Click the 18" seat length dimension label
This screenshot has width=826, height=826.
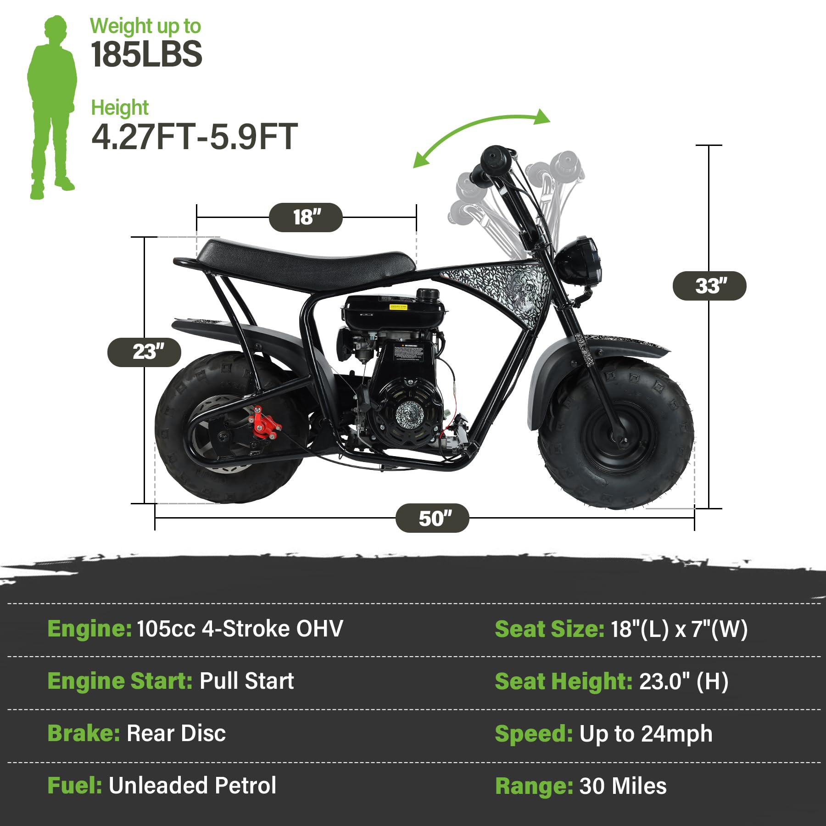pos(306,217)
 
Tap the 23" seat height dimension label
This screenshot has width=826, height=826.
pos(145,352)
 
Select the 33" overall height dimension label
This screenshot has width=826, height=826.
pos(709,286)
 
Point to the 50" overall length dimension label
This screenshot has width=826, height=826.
pos(432,518)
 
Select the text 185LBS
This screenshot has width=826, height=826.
pos(146,54)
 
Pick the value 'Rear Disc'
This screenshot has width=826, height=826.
pos(176,733)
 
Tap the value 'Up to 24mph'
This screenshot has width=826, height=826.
pos(646,734)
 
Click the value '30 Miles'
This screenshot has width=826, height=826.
pos(623,786)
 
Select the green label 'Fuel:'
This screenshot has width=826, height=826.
pos(75,786)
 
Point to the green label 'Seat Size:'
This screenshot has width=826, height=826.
pos(549,629)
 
